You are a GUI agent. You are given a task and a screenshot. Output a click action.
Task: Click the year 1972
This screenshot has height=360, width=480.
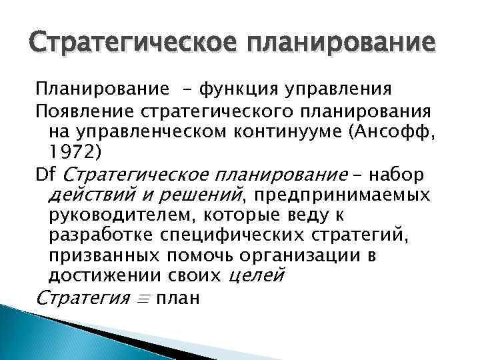(x=71, y=151)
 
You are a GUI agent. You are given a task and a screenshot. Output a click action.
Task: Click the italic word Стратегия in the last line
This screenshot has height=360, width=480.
(x=81, y=298)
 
